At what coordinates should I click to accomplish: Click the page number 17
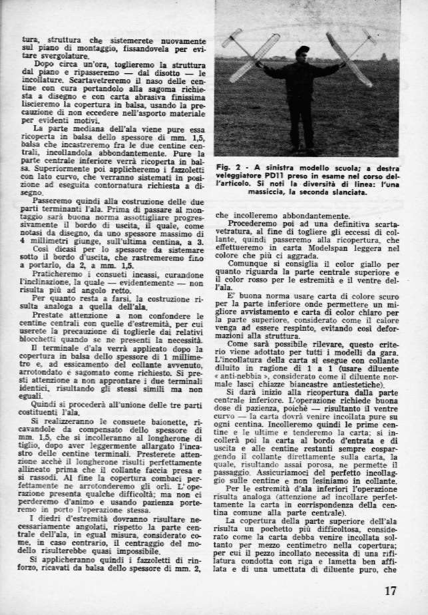pyautogui.click(x=391, y=590)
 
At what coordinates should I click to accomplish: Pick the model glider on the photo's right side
pyautogui.click(x=351, y=57)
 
